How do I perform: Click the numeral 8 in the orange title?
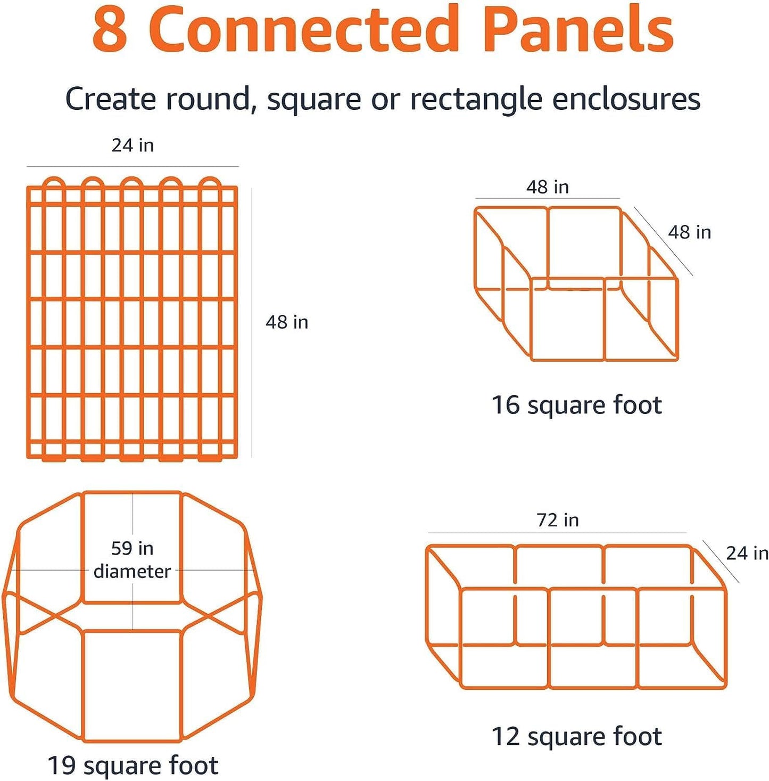point(110,30)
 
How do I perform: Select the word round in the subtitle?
point(208,100)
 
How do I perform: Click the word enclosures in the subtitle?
point(626,100)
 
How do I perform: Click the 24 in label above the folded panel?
point(133,145)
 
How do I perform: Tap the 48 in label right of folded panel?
point(287,322)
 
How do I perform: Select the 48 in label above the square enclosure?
point(548,187)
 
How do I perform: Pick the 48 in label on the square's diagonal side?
point(689,232)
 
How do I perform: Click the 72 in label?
point(557,520)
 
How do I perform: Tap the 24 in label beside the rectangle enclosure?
point(747,554)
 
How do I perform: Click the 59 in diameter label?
point(133,559)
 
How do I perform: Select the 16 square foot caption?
point(576,405)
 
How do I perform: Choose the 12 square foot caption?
point(576,737)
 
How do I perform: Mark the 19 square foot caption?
point(133,766)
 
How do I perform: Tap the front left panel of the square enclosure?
point(568,319)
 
